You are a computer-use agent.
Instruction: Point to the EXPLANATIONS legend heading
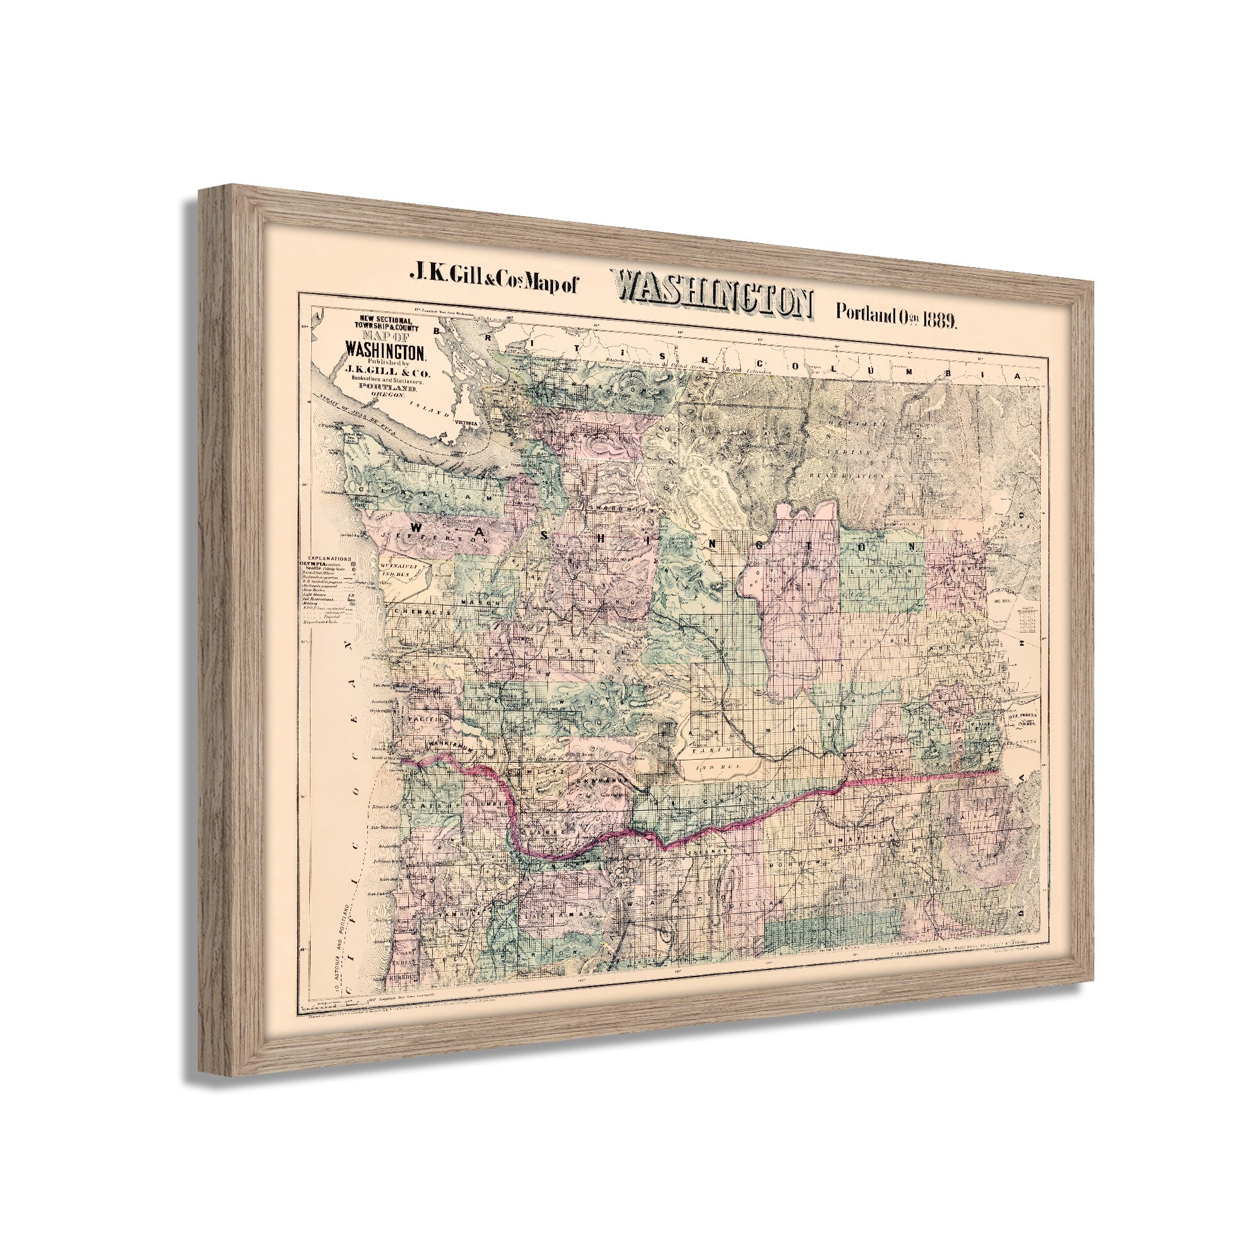coord(326,559)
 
